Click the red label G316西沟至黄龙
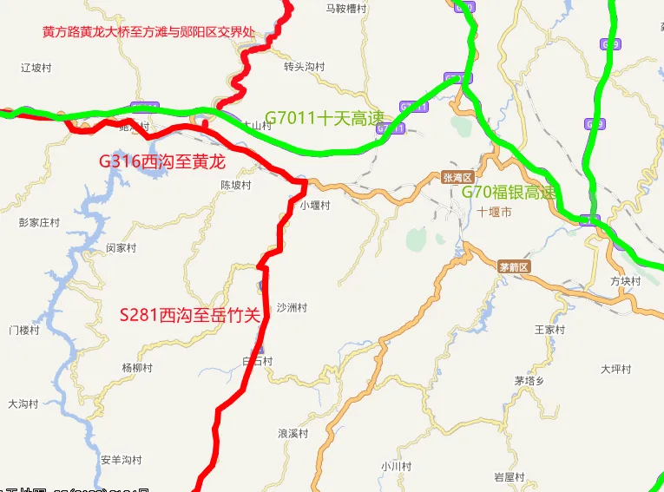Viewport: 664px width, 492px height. (x=162, y=161)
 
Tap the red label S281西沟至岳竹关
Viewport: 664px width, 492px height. (x=190, y=314)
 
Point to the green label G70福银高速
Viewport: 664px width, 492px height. (x=508, y=192)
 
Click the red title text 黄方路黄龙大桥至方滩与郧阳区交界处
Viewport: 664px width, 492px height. (x=148, y=32)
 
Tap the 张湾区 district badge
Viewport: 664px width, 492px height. (x=455, y=177)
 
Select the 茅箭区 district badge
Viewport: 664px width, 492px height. (x=514, y=266)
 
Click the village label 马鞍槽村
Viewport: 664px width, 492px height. (x=346, y=9)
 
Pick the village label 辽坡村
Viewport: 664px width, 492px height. (x=37, y=67)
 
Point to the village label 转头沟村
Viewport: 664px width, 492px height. (x=304, y=67)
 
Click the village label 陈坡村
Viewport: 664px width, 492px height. (x=235, y=185)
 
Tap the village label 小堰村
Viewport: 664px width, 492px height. (x=316, y=206)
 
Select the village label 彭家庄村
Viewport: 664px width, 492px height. (x=39, y=222)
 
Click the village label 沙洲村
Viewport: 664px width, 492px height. (x=292, y=308)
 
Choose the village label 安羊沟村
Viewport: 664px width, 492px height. (x=121, y=459)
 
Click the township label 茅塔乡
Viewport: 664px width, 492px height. (x=529, y=380)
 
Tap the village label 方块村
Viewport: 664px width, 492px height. (x=625, y=281)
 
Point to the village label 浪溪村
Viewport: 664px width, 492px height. (x=293, y=433)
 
